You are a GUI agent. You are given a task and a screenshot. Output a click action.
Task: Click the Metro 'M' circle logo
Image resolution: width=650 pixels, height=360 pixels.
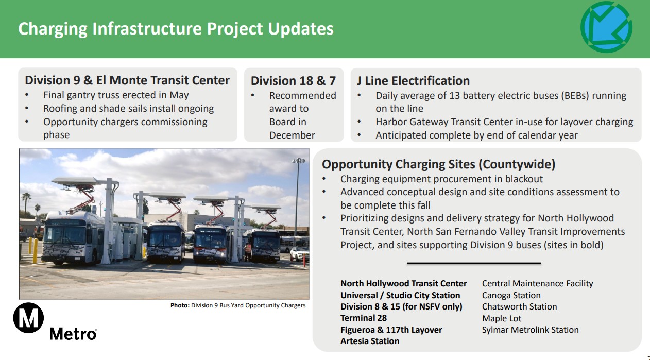pos(28,318)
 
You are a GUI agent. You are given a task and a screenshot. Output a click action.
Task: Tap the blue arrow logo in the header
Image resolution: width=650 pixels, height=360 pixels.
pos(606,27)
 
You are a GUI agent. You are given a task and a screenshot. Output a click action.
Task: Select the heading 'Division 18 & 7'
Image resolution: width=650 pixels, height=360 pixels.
pos(293,81)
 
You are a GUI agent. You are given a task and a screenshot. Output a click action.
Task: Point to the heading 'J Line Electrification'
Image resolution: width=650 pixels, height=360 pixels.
pos(413,81)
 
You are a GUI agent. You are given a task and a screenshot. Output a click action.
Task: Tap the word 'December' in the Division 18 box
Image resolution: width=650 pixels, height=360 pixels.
pos(292,135)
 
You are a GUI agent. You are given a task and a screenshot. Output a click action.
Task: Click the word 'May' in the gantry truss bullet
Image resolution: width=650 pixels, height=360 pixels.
pos(179,95)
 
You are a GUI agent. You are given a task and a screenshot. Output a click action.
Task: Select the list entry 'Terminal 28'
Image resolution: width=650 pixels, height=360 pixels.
pos(364,318)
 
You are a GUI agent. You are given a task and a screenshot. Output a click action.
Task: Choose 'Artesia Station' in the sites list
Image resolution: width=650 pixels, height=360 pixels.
pos(370,341)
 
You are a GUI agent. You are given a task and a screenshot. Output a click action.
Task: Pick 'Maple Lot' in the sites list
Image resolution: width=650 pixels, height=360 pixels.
pos(502,318)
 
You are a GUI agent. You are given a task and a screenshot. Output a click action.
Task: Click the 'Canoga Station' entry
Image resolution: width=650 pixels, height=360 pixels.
pos(511,295)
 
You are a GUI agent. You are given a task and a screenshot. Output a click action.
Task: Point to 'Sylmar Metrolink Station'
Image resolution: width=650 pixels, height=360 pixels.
pos(530,330)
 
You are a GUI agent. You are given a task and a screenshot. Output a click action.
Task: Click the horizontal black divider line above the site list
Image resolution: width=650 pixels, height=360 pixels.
pos(474,263)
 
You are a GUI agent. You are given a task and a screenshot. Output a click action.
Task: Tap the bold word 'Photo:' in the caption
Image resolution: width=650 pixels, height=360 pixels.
pos(180,305)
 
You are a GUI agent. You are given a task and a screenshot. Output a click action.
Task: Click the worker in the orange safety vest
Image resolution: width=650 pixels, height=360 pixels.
pos(248,251)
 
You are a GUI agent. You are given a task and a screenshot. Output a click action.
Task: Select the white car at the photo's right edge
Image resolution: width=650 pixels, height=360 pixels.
pos(299,253)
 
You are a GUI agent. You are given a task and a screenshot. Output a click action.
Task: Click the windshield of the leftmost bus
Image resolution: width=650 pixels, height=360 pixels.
pos(64,235)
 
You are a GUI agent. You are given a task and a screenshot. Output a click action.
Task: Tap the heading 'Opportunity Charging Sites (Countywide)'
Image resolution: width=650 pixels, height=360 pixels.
pos(438,164)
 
